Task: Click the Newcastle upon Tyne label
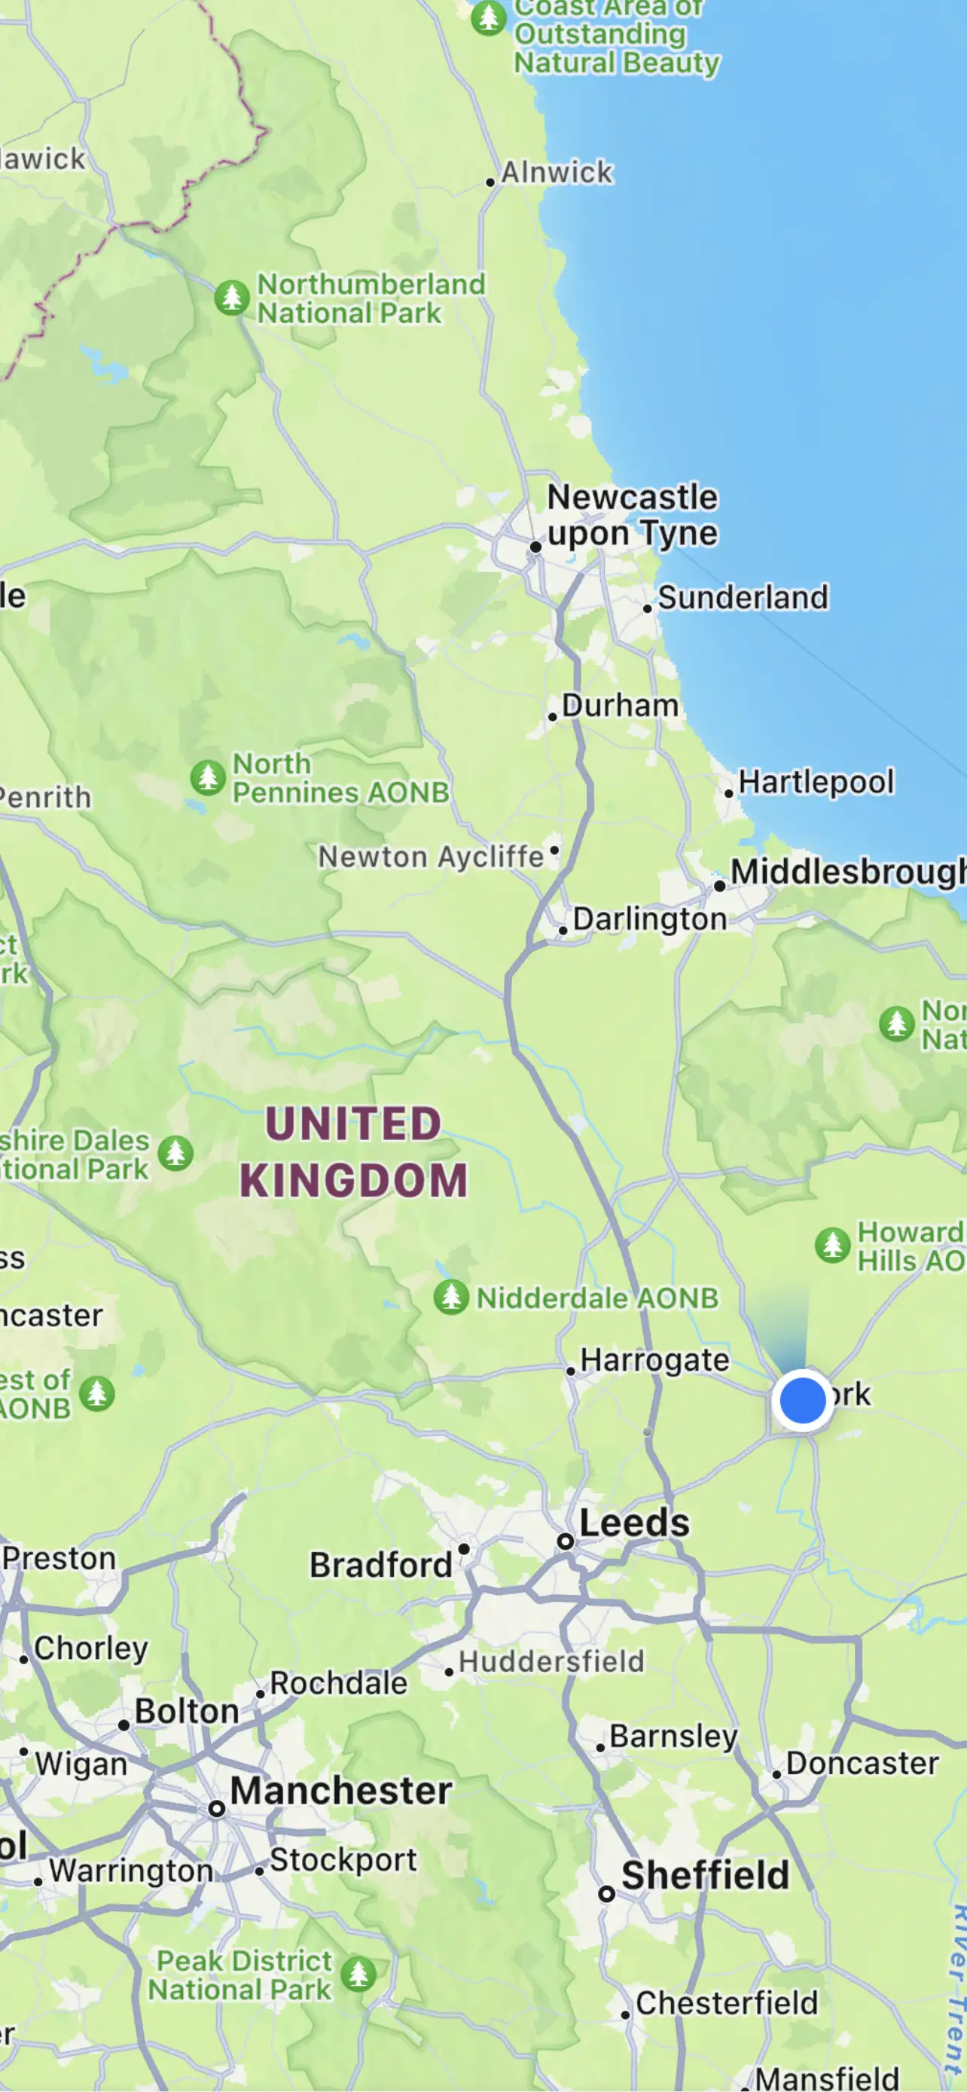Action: point(633,515)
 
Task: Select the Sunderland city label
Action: point(742,598)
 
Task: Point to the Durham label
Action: point(620,705)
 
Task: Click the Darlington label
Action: point(649,919)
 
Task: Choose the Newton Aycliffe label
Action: point(430,856)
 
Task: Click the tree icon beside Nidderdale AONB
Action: point(451,1296)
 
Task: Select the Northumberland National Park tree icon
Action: point(232,297)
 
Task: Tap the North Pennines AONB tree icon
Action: point(208,777)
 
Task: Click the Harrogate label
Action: point(654,1359)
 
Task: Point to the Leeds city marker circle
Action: point(565,1541)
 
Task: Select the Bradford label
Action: point(381,1564)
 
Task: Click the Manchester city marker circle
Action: point(217,1809)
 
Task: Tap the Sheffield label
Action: point(705,1875)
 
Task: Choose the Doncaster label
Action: point(862,1763)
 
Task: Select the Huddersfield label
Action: point(551,1660)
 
